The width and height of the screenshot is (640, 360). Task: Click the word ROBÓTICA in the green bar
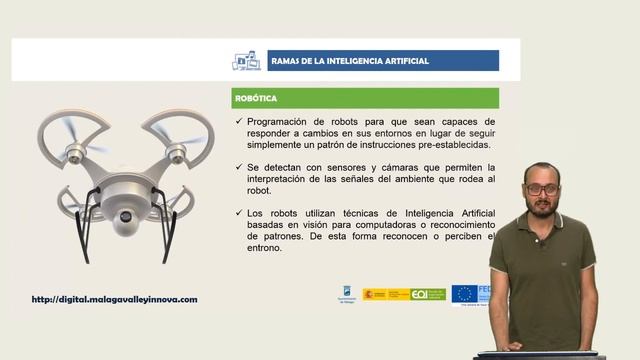point(255,99)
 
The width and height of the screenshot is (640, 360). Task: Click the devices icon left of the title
point(245,61)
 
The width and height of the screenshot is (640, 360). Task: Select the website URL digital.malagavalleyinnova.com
point(115,299)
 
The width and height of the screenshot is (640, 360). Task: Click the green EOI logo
point(427,294)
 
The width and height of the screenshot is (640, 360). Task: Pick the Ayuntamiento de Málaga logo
point(346,294)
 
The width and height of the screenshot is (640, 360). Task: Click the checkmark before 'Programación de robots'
point(236,121)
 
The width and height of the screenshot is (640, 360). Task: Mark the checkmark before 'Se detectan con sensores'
point(236,167)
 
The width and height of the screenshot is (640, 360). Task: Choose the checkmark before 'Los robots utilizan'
point(236,212)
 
